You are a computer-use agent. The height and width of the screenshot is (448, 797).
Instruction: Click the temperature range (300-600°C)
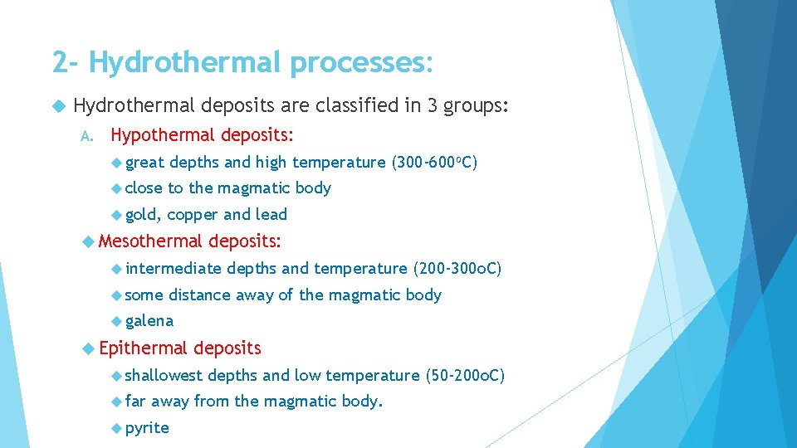[434, 162]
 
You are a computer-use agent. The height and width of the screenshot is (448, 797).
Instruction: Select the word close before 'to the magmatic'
[144, 188]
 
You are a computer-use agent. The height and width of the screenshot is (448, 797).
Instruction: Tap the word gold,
[143, 215]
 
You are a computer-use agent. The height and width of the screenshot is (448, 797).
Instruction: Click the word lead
[271, 215]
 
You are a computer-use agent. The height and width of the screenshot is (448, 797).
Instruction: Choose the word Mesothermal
[150, 241]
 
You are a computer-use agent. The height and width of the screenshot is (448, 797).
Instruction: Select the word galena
[149, 321]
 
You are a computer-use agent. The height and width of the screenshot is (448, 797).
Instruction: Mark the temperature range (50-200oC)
[464, 375]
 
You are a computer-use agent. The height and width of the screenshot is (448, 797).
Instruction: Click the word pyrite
[147, 428]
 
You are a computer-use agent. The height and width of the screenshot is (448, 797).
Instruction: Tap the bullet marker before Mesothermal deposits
[89, 241]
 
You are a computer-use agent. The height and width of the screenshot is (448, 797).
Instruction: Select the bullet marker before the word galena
[116, 321]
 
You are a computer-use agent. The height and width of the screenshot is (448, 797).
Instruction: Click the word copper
[193, 215]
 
